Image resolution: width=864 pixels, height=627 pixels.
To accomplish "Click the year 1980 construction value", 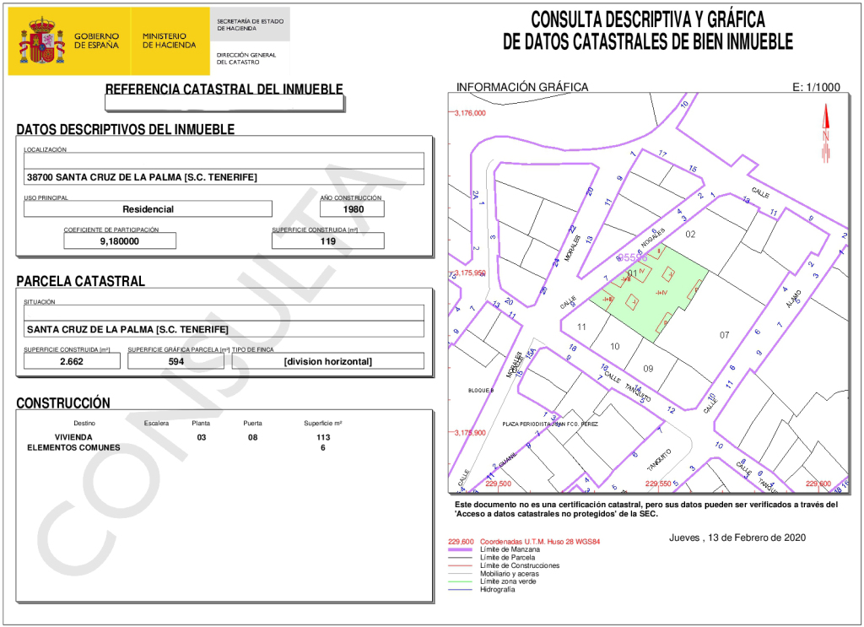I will [352, 209].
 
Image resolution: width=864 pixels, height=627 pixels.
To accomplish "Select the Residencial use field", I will [148, 209].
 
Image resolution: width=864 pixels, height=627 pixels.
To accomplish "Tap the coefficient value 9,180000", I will [120, 241].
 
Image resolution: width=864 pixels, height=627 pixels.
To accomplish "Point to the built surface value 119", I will [327, 241].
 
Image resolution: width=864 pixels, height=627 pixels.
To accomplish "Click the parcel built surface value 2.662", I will [72, 361].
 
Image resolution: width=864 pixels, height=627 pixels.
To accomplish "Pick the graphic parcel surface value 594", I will [175, 361].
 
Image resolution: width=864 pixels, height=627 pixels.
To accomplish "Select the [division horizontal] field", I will [327, 361].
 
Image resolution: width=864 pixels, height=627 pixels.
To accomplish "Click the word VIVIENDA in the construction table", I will [73, 437].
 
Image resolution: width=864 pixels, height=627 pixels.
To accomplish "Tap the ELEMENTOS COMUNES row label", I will [74, 447].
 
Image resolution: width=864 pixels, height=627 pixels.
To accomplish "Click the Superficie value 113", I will [323, 437].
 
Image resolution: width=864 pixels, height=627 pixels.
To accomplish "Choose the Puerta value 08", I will [252, 437].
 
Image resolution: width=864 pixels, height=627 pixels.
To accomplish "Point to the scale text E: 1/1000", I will [817, 87].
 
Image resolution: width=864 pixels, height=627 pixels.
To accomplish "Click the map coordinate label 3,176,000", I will [470, 113].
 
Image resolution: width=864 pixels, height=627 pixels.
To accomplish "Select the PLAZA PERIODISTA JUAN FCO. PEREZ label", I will [549, 424].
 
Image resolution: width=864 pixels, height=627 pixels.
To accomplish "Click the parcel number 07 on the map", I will [724, 335].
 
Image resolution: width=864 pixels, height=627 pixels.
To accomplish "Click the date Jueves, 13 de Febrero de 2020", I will [737, 538].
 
